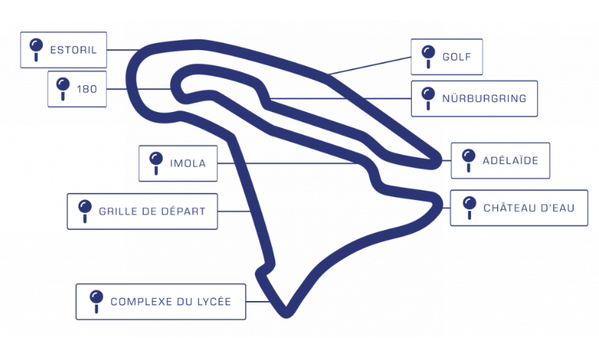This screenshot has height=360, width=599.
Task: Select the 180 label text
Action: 87,89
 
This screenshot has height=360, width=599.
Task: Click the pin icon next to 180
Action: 62,88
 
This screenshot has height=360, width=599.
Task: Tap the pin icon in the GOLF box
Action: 427,55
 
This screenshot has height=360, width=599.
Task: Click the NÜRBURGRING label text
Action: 484,98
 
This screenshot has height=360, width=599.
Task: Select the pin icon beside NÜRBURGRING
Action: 428,97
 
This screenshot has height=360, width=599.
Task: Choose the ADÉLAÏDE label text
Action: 510,161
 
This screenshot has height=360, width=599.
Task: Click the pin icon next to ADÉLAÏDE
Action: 468,159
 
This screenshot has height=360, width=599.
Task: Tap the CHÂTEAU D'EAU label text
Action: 529,208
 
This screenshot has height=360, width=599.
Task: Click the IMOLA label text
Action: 188,164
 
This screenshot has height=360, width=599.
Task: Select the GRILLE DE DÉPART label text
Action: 152,212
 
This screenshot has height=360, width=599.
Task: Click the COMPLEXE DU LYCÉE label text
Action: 171,301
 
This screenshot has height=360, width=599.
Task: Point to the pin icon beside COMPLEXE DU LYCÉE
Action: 95,300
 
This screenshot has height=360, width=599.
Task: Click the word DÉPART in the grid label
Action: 183,212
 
